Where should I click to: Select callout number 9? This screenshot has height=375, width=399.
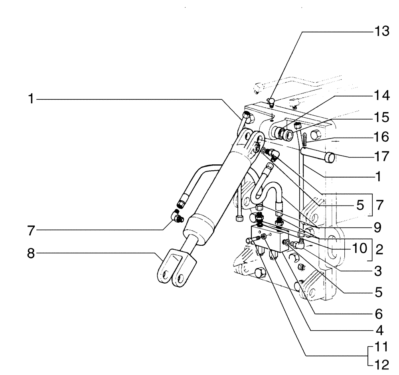(x=377, y=228)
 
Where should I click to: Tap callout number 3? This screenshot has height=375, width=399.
(x=377, y=272)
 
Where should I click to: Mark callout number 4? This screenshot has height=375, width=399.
(x=377, y=330)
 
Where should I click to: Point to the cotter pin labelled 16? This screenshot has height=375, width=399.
(x=304, y=139)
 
